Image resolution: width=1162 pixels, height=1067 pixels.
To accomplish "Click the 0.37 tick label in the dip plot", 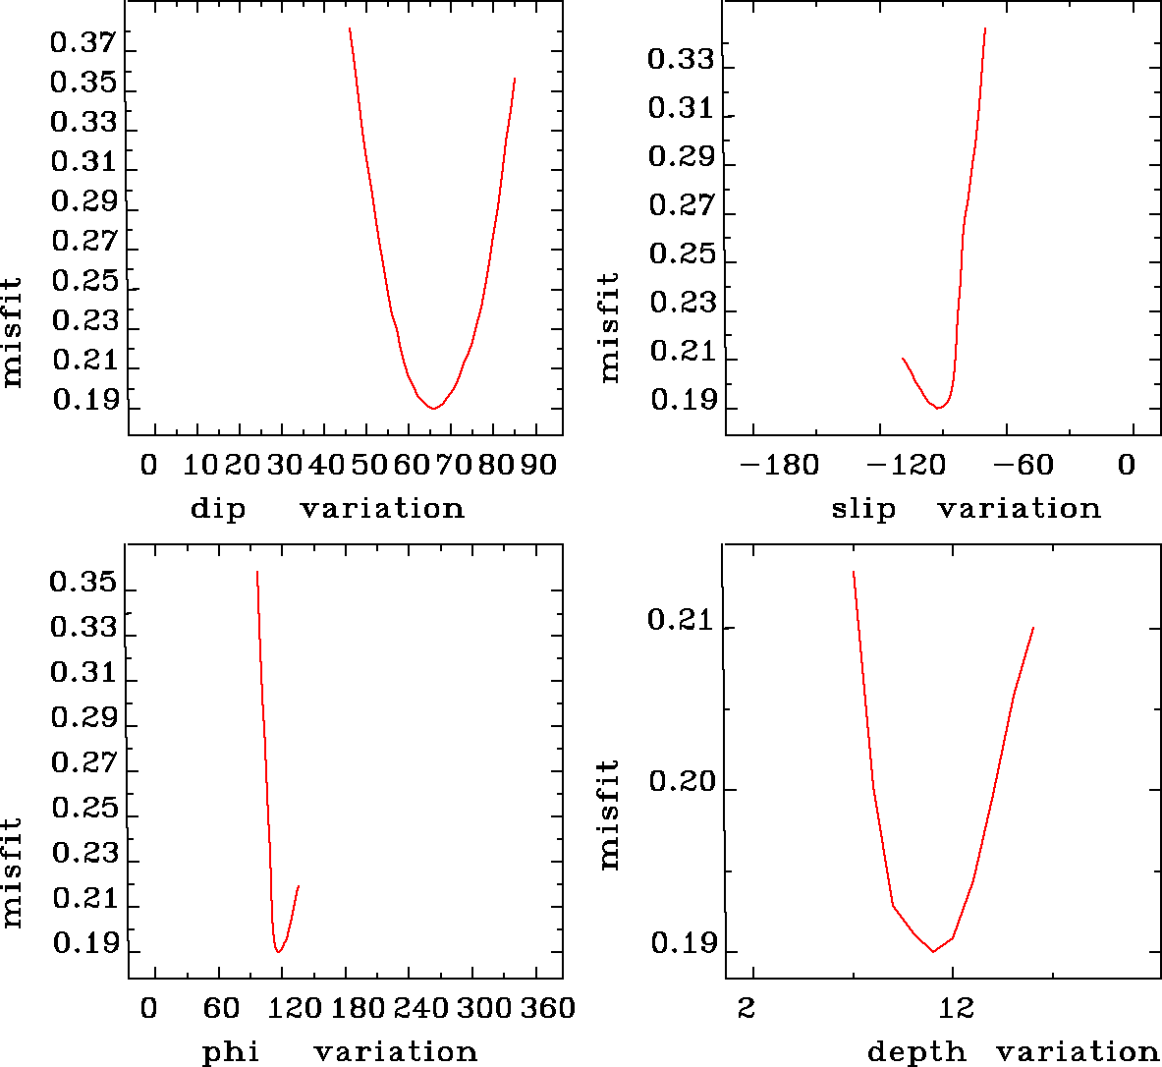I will [x=83, y=43].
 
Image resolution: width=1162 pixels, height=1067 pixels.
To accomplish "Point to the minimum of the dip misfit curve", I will [x=433, y=408].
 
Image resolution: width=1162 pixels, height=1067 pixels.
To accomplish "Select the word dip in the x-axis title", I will [x=217, y=509].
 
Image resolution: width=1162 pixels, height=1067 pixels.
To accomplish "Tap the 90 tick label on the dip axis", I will [x=539, y=465].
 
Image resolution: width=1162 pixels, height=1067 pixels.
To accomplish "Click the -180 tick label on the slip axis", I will [x=779, y=465].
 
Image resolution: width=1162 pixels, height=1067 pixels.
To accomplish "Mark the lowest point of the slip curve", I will [x=939, y=407].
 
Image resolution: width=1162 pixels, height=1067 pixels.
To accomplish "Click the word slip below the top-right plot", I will [x=863, y=509].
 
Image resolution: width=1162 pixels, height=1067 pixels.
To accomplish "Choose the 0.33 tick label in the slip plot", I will [x=681, y=59].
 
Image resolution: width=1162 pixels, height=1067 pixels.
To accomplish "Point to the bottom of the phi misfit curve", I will [x=279, y=951].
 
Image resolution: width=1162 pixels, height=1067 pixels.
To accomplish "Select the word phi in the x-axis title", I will [x=230, y=1052].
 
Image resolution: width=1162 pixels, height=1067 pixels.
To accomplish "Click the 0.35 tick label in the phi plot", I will [x=83, y=585].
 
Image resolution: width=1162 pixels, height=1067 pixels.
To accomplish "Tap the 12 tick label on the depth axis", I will [x=956, y=1008].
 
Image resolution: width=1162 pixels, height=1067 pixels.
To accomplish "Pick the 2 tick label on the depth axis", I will [x=748, y=1008].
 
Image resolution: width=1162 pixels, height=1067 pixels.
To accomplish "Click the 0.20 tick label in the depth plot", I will [x=681, y=783].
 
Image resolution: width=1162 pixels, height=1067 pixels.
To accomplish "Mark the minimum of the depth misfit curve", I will [x=932, y=951].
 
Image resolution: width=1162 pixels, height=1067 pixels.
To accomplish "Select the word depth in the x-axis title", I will [x=915, y=1052].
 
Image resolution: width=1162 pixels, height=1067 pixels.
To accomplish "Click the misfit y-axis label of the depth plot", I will [x=610, y=814].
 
